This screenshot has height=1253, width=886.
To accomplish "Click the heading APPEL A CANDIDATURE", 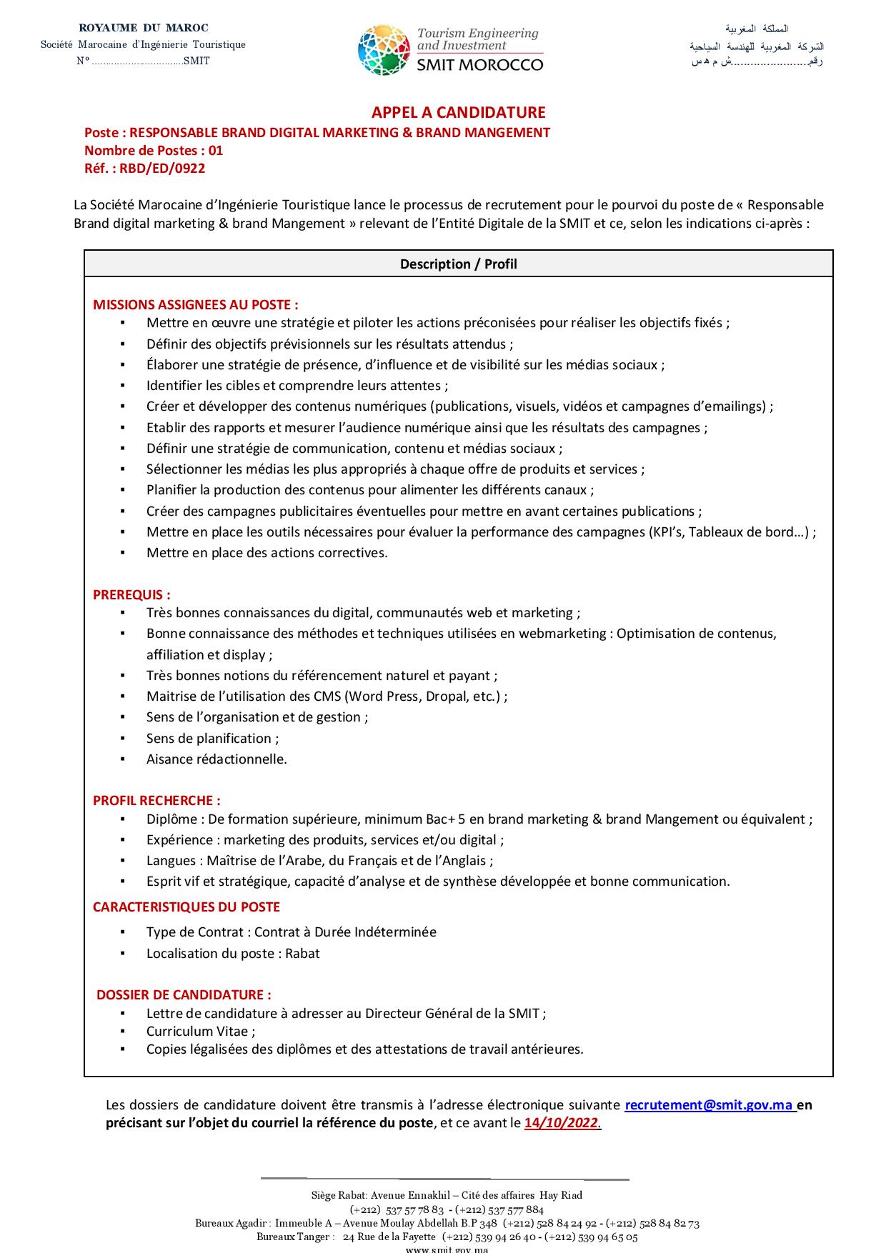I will tap(458, 112).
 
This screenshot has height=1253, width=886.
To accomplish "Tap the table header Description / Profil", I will tap(458, 264).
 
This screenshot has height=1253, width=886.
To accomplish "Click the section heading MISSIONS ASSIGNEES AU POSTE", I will tap(195, 304).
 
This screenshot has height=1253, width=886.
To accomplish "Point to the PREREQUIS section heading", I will tap(131, 594).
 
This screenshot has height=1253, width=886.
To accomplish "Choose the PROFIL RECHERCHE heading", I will tap(156, 800).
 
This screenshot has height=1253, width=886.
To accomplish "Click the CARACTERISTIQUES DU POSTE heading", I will tap(186, 907).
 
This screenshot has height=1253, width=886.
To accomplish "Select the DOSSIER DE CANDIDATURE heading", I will tap(184, 994).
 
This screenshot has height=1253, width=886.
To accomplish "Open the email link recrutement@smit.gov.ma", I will tap(710, 1104).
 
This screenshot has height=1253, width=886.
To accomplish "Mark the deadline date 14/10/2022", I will tap(562, 1122).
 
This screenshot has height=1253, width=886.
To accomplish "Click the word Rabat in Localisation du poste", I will tap(302, 953).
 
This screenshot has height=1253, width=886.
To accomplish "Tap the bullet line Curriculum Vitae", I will tap(201, 1031).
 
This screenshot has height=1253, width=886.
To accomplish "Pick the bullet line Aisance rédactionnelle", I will tap(216, 759).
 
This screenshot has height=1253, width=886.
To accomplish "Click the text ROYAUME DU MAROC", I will tap(144, 28).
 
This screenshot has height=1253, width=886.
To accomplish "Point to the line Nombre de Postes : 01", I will tap(154, 150).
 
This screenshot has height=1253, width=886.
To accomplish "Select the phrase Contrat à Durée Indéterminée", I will tap(345, 932).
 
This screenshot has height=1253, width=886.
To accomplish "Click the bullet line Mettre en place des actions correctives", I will tap(267, 552).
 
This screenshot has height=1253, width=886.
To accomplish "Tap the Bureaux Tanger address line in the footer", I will tap(447, 1237).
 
